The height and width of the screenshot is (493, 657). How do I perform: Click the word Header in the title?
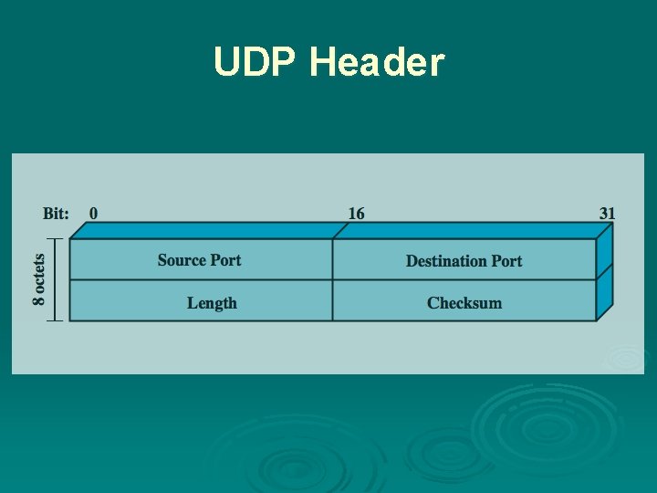tap(377, 62)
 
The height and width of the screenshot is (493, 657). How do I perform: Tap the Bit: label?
tap(56, 214)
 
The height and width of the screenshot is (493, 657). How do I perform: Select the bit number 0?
tap(93, 214)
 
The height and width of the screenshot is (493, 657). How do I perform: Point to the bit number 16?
tap(356, 214)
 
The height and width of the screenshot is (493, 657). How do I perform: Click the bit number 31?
tap(607, 214)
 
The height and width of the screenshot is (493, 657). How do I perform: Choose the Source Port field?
tap(200, 260)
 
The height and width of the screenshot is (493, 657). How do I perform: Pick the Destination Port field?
tap(464, 261)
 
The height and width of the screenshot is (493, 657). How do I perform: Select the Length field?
tap(212, 303)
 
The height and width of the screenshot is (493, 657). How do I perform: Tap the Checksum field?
tap(464, 303)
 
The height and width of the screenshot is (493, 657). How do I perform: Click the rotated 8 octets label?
tap(40, 279)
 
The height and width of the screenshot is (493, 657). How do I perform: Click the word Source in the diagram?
tap(182, 260)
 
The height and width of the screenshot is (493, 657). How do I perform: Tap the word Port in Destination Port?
tap(506, 261)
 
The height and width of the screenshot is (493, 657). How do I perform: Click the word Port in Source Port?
tap(224, 260)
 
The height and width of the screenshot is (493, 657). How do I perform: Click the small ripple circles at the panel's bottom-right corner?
tap(624, 358)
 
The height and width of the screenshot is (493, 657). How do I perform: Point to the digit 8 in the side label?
tap(40, 299)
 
